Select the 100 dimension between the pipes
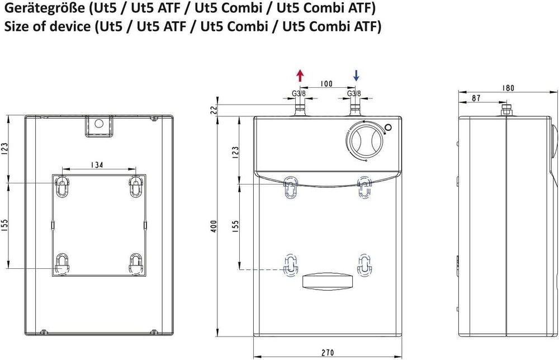tap(326, 84)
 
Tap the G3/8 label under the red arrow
tap(299, 93)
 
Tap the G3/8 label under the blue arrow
tap(354, 93)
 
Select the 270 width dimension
tap(328, 353)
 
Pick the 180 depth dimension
tap(508, 88)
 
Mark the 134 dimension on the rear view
tap(98, 164)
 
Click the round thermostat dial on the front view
tap(364, 141)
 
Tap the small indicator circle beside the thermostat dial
tap(388, 128)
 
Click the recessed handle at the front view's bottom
tap(328, 281)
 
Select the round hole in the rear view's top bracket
tap(99, 124)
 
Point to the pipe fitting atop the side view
tap(506, 108)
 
